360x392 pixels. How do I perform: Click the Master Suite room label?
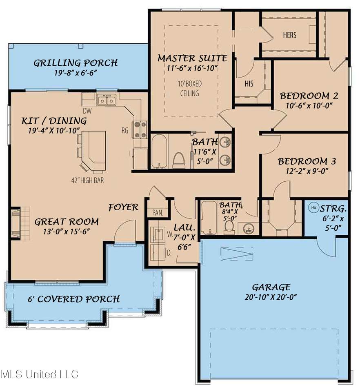click(x=192, y=58)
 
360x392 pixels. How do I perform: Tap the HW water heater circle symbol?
click(x=313, y=207)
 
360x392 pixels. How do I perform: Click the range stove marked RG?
click(x=141, y=129)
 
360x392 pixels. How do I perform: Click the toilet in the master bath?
click(x=179, y=160)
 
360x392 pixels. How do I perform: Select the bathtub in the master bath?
click(x=159, y=151)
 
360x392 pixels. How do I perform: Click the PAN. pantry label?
click(x=158, y=213)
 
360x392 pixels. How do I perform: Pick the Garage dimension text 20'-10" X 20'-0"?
click(x=271, y=297)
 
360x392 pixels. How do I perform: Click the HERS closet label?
click(x=289, y=35)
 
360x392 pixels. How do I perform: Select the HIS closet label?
click(x=249, y=83)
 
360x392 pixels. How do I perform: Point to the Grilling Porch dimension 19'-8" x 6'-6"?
click(x=76, y=73)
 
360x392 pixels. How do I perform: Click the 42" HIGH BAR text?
click(x=87, y=180)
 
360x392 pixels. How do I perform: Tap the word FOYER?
click(x=123, y=207)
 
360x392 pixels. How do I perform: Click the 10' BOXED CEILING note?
click(x=190, y=89)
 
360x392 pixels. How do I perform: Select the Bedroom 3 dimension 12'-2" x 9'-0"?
click(x=307, y=171)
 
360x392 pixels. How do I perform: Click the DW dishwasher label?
click(x=87, y=111)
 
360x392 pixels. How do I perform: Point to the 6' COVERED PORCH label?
click(x=73, y=299)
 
